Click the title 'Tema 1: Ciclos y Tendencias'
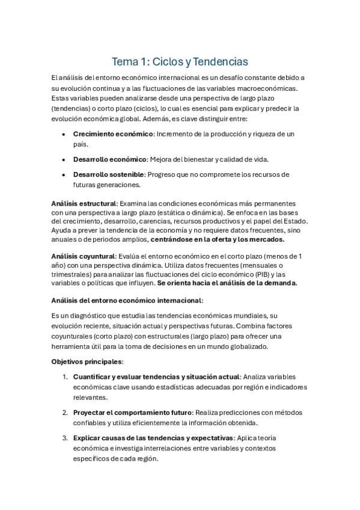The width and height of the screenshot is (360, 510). (x=180, y=62)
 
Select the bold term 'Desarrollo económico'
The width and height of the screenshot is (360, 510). (x=110, y=159)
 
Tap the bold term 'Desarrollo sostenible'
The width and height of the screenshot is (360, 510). (x=109, y=174)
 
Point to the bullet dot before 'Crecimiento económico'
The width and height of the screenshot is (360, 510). (x=64, y=134)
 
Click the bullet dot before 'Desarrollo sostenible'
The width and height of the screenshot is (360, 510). (x=64, y=174)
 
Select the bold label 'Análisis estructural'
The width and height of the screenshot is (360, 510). (x=84, y=204)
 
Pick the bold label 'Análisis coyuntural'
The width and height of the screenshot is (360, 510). (x=84, y=256)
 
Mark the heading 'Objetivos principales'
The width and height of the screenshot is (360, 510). (x=87, y=361)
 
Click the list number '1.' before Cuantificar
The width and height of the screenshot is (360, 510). (x=65, y=376)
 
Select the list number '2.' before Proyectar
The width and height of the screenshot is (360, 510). (x=65, y=412)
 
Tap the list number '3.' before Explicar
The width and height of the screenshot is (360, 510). (x=65, y=438)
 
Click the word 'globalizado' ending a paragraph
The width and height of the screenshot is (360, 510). (x=255, y=346)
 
